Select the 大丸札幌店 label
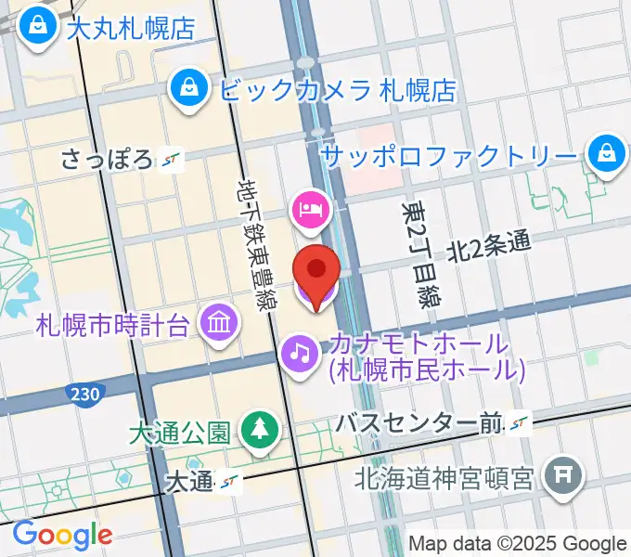click(x=131, y=27)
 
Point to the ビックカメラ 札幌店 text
click(x=338, y=90)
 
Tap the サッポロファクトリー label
click(x=449, y=155)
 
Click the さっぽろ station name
click(x=107, y=160)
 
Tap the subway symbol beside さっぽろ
click(x=170, y=160)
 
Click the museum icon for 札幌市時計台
click(x=221, y=324)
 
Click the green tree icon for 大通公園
click(x=256, y=429)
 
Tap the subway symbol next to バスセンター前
click(x=520, y=423)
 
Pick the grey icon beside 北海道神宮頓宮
click(x=562, y=477)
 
